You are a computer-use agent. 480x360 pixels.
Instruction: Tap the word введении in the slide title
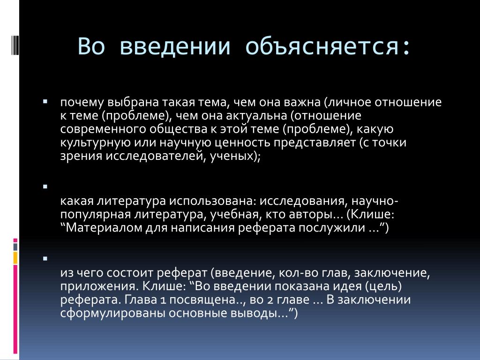[x=174, y=46]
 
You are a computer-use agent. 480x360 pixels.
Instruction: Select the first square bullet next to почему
[x=45, y=101]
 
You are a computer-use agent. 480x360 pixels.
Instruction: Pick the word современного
[x=103, y=129]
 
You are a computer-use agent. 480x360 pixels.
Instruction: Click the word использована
[x=211, y=201]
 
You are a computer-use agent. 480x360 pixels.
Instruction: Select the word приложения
[x=100, y=286]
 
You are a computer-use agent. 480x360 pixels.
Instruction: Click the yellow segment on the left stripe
[x=15, y=258]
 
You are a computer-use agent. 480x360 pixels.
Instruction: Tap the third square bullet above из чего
[x=45, y=259]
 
